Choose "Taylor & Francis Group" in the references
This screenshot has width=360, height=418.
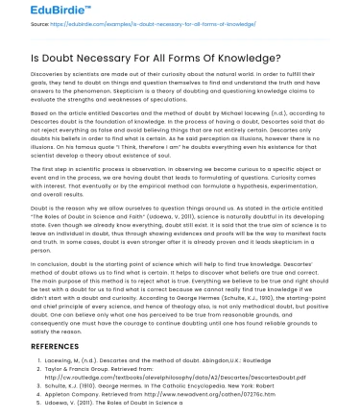(81, 365)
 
